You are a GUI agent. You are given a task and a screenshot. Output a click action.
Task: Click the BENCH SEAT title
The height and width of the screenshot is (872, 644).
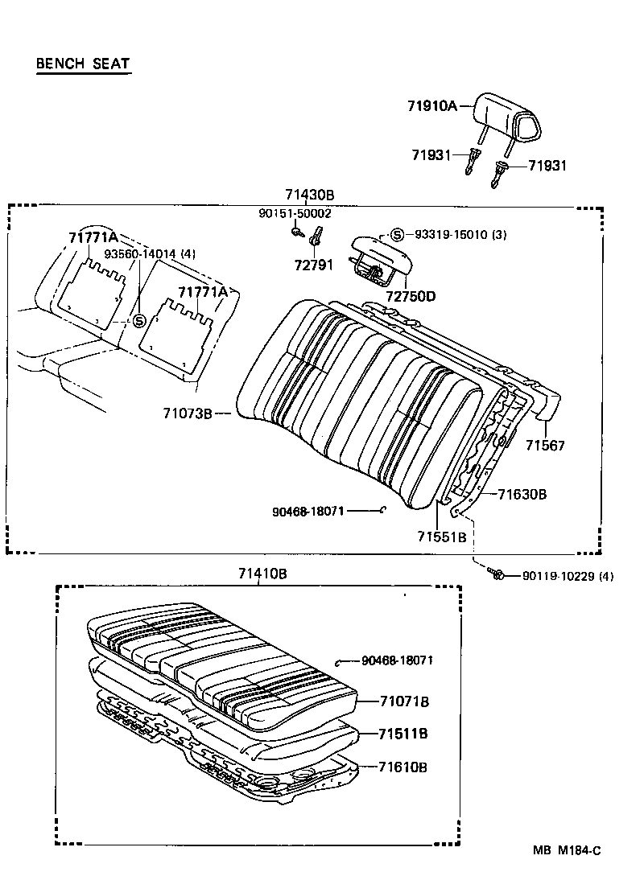tap(83, 64)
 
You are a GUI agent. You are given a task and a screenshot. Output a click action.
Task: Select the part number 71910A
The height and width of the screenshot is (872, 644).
tap(431, 105)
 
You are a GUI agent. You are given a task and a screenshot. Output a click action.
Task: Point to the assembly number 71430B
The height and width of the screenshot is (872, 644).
tap(309, 195)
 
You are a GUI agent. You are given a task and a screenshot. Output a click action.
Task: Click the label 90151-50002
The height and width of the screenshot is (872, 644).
tap(295, 213)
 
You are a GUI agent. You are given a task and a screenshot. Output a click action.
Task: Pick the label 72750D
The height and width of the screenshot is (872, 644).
tap(411, 296)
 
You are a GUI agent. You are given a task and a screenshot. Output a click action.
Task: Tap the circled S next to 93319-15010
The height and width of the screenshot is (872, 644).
tap(396, 235)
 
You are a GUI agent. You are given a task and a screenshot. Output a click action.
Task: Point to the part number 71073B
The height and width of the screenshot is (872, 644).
tap(188, 413)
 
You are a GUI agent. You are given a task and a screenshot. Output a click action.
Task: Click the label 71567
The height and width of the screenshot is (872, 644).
tap(546, 445)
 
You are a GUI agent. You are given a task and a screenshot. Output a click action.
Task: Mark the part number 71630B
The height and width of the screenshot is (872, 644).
tap(522, 494)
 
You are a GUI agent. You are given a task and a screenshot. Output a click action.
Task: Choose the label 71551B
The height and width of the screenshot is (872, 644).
tap(442, 537)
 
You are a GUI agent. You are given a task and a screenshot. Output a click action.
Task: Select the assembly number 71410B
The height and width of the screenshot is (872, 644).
tap(262, 574)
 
